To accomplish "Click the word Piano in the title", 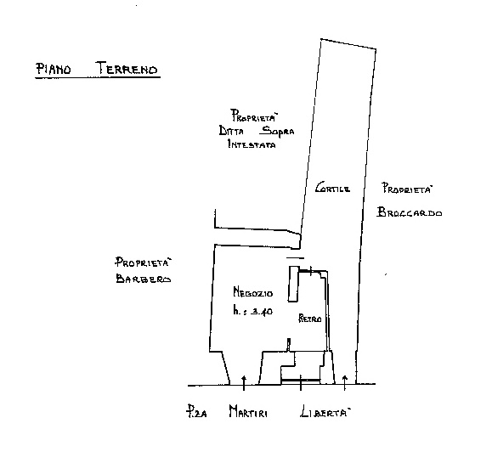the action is point(54,69).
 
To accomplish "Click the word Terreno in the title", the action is point(127,68).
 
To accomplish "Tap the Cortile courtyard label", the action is point(332,188).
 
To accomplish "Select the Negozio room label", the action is point(253,292).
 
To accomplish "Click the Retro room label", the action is point(309,319).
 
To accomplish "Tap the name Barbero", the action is point(144,279).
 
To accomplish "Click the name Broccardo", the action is point(410,212).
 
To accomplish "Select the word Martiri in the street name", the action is point(248,411).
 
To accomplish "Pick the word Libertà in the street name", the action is point(325,411).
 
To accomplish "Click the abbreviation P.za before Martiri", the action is point(196,411).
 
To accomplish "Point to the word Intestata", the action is point(252,144).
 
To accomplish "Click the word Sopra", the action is point(278,131).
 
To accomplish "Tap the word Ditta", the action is point(231,131).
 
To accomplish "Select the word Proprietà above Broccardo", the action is point(407,189).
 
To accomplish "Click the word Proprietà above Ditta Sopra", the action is point(254,116).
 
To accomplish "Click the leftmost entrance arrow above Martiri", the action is point(244,382).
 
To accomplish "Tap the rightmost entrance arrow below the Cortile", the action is point(344,382).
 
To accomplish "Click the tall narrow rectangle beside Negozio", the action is point(293,284).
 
